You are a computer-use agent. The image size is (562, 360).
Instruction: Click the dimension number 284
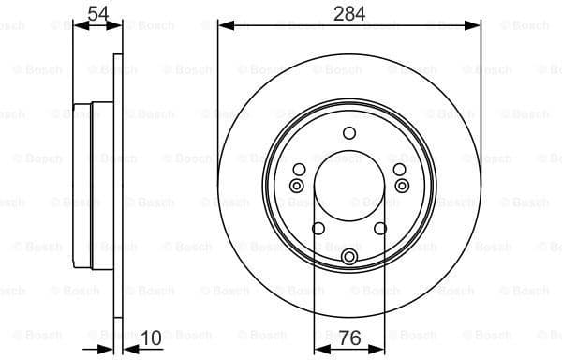tap(348, 13)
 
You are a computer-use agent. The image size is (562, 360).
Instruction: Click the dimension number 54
tap(96, 13)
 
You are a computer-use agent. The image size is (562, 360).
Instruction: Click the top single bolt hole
tap(349, 132)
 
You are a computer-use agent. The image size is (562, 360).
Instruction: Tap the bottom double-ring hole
tap(349, 257)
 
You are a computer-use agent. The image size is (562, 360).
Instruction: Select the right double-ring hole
tap(403, 186)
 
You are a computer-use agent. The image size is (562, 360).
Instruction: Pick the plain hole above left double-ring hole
tap(300, 169)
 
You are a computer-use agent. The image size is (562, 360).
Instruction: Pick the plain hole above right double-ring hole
tap(399, 169)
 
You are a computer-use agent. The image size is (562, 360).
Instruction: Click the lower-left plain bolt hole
tap(318, 228)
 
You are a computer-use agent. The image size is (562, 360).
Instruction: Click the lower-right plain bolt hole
tap(380, 228)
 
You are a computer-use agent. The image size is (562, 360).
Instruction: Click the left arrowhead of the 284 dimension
tap(223, 26)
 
